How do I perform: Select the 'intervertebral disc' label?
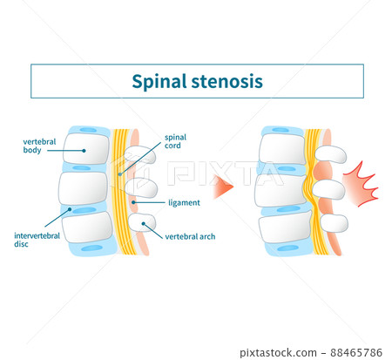click(x=34, y=239)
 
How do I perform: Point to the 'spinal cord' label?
click(x=178, y=141)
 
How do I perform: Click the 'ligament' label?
click(x=184, y=202)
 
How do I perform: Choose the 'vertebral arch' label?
click(x=190, y=236)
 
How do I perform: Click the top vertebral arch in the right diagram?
click(x=331, y=155)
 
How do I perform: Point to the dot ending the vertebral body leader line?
click(x=84, y=150)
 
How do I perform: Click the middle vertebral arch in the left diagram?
click(x=143, y=187)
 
